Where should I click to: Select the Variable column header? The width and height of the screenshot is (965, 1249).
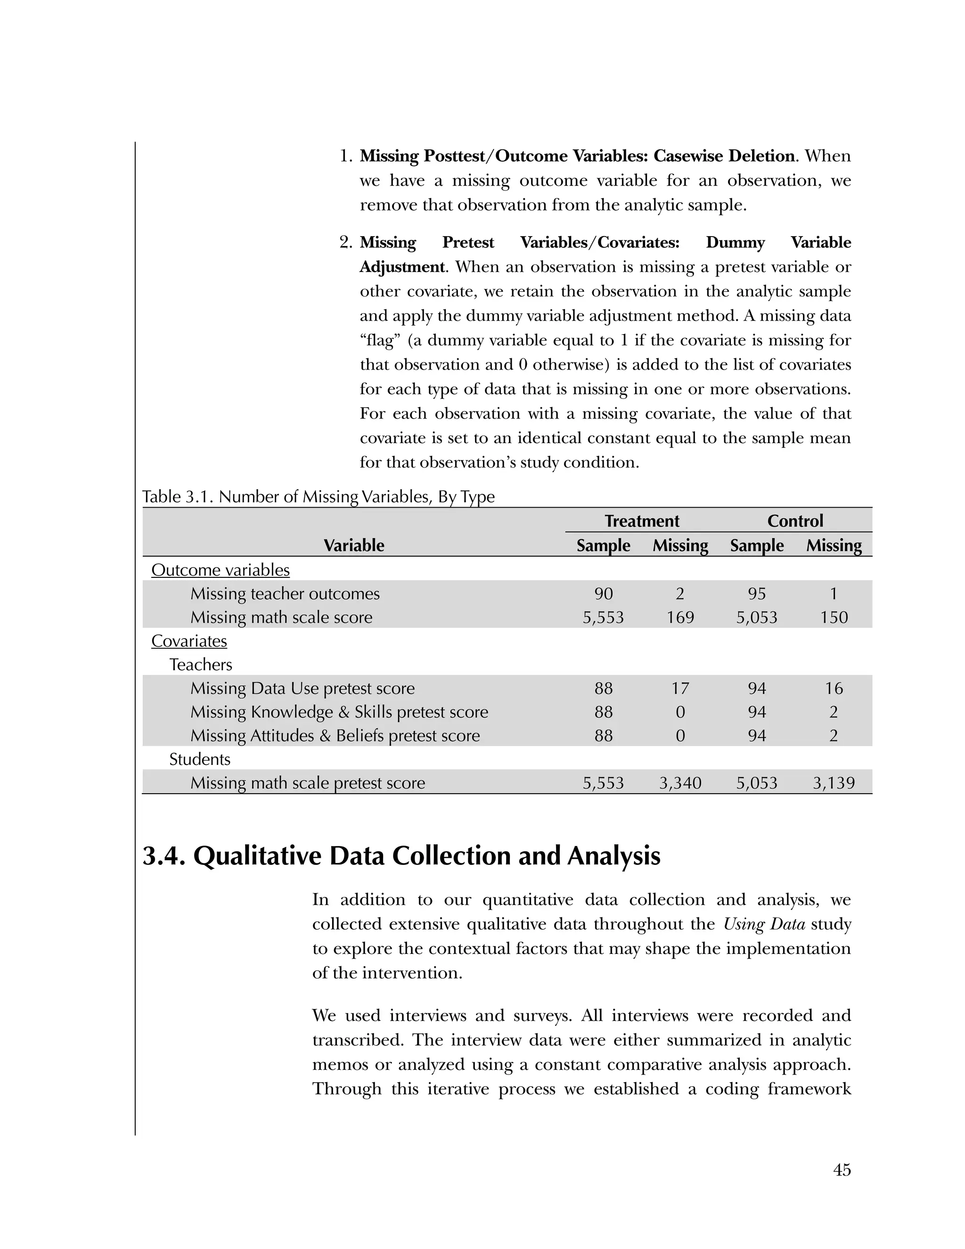(x=353, y=546)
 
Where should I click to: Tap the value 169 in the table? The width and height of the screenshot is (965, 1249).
(x=680, y=617)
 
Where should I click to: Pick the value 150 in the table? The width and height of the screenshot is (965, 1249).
(x=834, y=617)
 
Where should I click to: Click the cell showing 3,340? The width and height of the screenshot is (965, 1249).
(x=680, y=783)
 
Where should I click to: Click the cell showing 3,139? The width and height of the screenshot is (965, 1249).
(x=834, y=783)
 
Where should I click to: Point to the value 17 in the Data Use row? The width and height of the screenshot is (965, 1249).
(x=680, y=689)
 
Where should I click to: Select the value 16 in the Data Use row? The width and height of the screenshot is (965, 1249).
(x=834, y=689)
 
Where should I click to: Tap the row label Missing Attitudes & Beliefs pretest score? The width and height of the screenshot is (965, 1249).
(x=335, y=736)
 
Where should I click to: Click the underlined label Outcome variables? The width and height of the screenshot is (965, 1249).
(x=220, y=570)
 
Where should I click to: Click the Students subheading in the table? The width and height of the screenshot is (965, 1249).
(x=199, y=759)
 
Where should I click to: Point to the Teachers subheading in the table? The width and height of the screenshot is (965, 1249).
(x=201, y=665)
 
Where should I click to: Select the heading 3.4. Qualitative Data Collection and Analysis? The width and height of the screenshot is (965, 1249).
(x=401, y=856)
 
